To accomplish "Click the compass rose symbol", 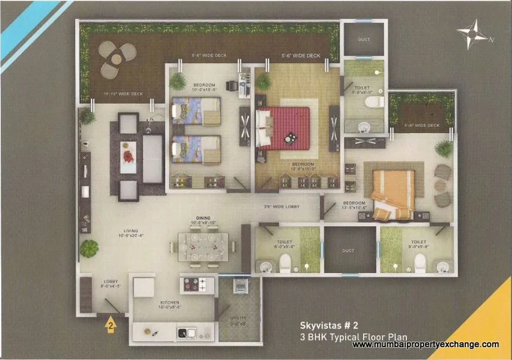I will [475, 33].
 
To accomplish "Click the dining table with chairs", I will [202, 246].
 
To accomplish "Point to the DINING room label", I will [203, 217].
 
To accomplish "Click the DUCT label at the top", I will [364, 40].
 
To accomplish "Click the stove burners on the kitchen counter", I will [195, 283].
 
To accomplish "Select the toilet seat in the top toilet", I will [369, 102].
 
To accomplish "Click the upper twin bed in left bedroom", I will [196, 113].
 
